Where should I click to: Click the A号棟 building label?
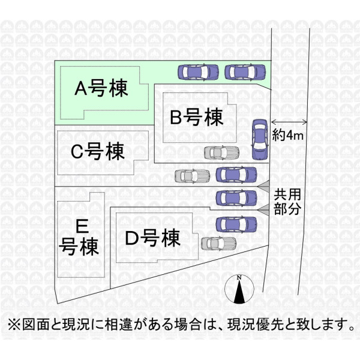pyautogui.click(x=101, y=88)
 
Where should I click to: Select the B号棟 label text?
pyautogui.click(x=197, y=118)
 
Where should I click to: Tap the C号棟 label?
pyautogui.click(x=98, y=151)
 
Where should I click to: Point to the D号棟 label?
pyautogui.click(x=152, y=238)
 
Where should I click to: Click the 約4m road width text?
pyautogui.click(x=287, y=135)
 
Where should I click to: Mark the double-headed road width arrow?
pyautogui.click(x=289, y=122)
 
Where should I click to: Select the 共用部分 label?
pyautogui.click(x=287, y=202)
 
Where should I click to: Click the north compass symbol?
pyautogui.click(x=239, y=289)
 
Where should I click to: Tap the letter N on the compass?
pyautogui.click(x=239, y=278)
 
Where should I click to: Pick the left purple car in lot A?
pyautogui.click(x=198, y=72)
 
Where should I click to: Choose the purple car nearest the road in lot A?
pyautogui.click(x=245, y=72)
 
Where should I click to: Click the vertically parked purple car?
pyautogui.click(x=260, y=139)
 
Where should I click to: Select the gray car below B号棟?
pyautogui.click(x=221, y=152)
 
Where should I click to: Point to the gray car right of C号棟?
pyautogui.click(x=193, y=176)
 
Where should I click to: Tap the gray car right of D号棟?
pyautogui.click(x=218, y=244)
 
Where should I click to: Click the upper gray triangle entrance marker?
pyautogui.click(x=264, y=186)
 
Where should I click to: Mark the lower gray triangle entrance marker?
pyautogui.click(x=264, y=210)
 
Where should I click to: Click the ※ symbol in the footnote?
pyautogui.click(x=14, y=325)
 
